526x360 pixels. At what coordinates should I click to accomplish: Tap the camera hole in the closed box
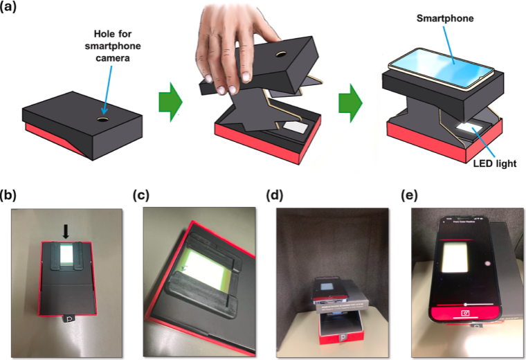click(102, 119)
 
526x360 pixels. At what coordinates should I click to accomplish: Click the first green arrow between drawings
click(170, 101)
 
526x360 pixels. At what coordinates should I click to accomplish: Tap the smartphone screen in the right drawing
click(443, 66)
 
